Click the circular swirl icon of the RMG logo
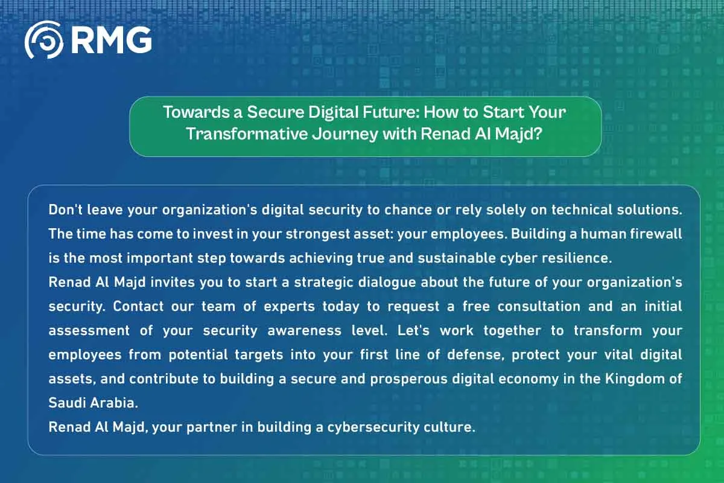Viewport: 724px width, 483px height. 43,40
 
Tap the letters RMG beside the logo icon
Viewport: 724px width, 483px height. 110,40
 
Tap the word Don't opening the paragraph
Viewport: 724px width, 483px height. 63,210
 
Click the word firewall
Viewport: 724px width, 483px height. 659,233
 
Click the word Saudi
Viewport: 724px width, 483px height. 65,403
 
